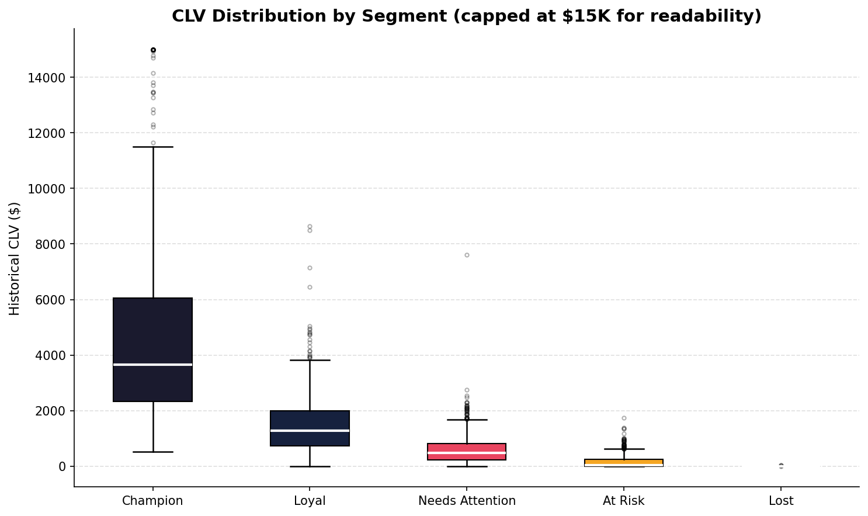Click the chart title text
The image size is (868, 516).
466,16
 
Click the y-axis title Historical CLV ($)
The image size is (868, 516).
15,258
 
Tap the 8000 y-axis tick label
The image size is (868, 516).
53,244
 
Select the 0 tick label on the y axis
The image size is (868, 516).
63,466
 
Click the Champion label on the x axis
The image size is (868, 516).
152,501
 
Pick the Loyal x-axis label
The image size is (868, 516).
310,501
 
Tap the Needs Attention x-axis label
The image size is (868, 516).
467,501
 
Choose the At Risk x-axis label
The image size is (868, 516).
623,501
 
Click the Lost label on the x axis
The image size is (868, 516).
781,501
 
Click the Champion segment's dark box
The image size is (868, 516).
152,327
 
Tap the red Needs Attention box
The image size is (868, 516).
467,448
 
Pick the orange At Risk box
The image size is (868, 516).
623,462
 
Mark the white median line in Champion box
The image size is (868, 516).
152,365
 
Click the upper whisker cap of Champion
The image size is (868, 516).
152,147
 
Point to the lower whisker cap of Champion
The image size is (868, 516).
152,452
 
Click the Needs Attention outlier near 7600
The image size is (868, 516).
467,255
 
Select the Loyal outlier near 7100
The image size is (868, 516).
310,268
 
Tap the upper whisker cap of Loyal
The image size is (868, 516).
310,360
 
